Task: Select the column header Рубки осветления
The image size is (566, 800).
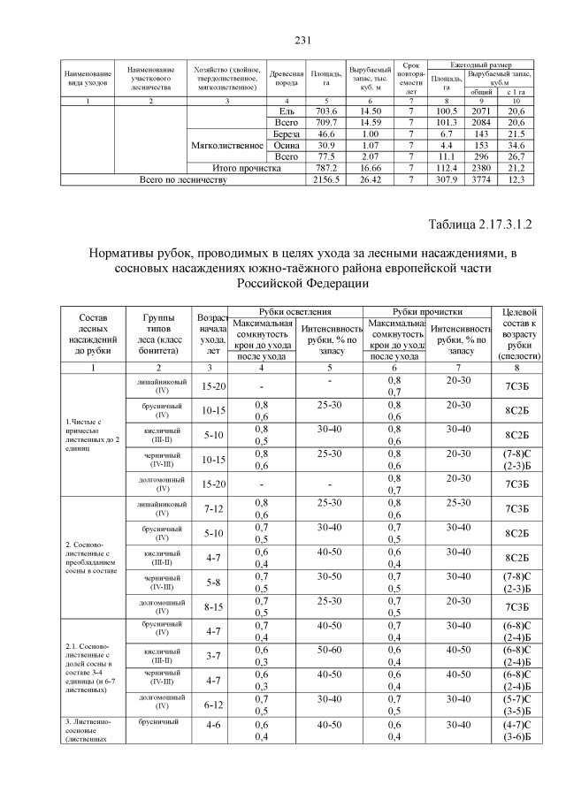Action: click(295, 311)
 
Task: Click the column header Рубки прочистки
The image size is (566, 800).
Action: click(427, 311)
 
